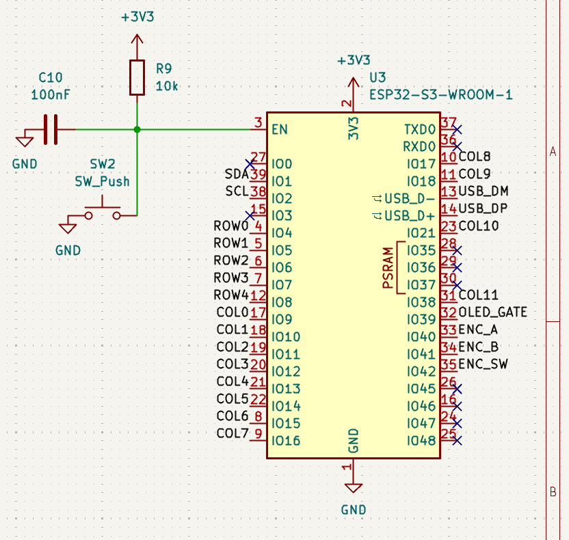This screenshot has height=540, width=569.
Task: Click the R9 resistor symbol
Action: click(x=137, y=78)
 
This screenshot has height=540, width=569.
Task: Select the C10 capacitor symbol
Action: click(x=51, y=129)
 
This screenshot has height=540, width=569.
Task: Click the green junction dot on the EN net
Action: click(x=137, y=129)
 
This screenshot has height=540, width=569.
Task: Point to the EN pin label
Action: click(x=280, y=129)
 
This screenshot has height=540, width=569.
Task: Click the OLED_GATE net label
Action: click(x=492, y=312)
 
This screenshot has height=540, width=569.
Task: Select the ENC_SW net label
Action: click(x=483, y=364)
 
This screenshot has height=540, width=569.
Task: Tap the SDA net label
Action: click(x=237, y=174)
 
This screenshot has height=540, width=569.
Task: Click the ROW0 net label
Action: click(x=230, y=226)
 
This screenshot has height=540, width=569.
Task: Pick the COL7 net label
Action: click(x=233, y=433)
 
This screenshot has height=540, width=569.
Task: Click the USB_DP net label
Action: click(x=483, y=208)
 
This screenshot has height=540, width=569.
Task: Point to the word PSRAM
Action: click(x=388, y=268)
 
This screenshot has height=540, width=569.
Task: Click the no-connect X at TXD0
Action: click(x=458, y=129)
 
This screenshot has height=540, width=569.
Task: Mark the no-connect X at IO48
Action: click(x=458, y=441)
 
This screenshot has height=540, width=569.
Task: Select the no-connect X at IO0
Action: click(x=250, y=164)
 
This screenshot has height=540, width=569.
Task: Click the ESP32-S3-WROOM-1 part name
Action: click(x=441, y=95)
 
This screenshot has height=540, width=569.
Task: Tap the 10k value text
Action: click(x=167, y=86)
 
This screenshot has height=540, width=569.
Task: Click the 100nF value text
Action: click(x=51, y=95)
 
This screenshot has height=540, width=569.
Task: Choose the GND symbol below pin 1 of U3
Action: click(x=353, y=488)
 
